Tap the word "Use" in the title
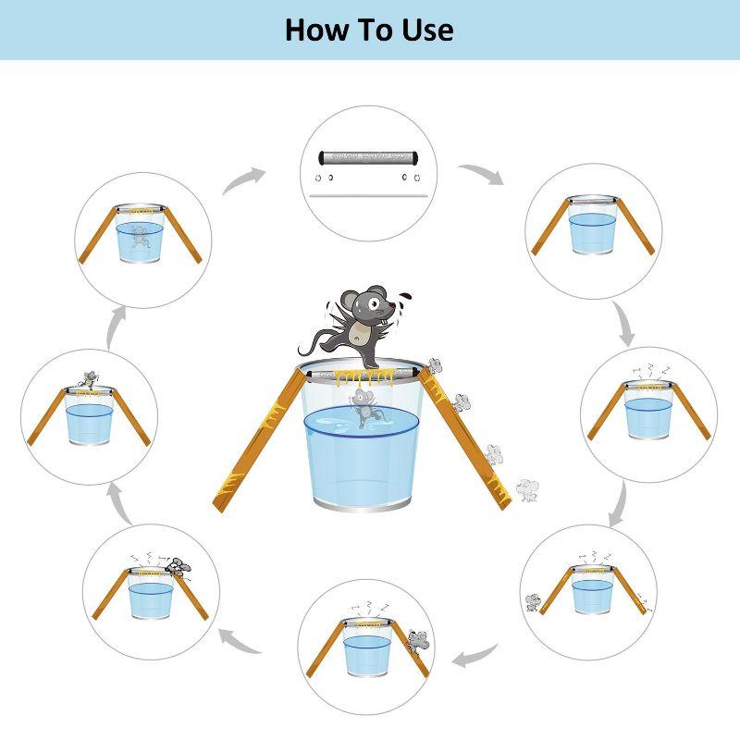point(427,30)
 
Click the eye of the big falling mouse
point(374,303)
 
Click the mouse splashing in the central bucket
point(363,409)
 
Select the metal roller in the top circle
point(369,157)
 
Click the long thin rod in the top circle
point(368,195)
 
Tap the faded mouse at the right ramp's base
point(527,490)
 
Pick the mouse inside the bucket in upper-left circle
point(142,236)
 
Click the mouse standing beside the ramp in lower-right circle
point(534,602)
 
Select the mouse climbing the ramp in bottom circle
point(418,642)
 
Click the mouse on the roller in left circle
point(90,379)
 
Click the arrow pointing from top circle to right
point(482,173)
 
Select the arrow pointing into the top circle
point(243,179)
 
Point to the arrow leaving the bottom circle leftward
point(240,642)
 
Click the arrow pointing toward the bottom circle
point(475,655)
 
